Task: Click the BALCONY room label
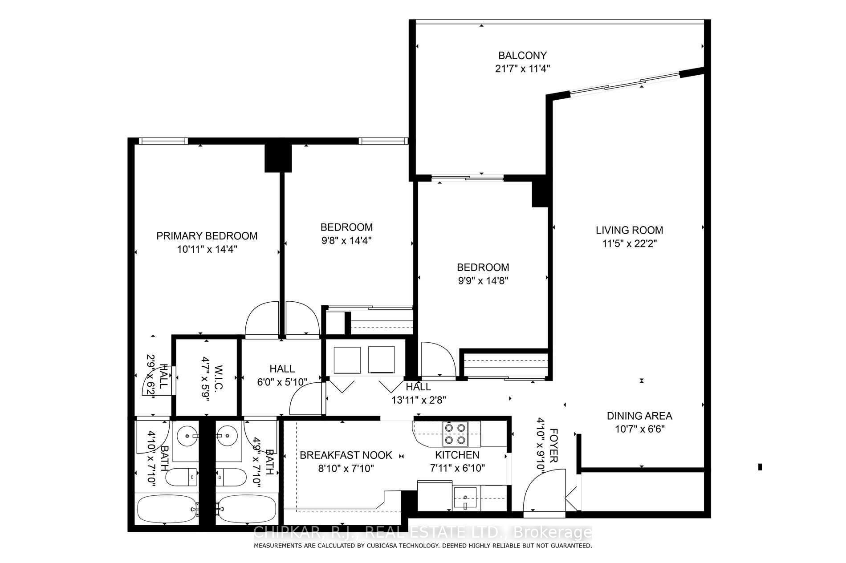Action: [x=522, y=56]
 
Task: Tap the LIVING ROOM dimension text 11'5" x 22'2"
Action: [x=629, y=244]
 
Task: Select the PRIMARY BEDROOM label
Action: [x=207, y=236]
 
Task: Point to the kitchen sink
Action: [x=465, y=498]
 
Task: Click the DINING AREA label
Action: [x=639, y=416]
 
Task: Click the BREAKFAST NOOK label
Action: [x=346, y=455]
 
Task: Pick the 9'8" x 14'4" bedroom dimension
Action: [x=346, y=241]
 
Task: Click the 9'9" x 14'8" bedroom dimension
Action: [x=483, y=281]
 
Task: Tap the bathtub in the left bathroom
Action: [x=166, y=510]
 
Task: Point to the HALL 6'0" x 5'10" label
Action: [x=282, y=369]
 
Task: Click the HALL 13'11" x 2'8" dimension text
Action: [x=419, y=400]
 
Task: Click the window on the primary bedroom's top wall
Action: [x=163, y=141]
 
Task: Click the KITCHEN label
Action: [x=457, y=455]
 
